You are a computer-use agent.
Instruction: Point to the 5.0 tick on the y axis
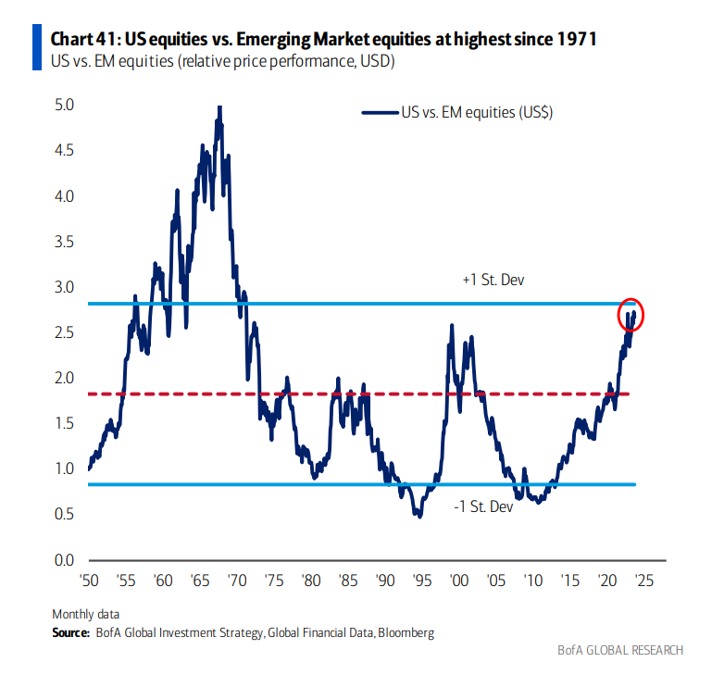64,106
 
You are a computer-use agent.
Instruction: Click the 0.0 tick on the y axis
64,559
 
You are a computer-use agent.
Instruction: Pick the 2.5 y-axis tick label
64,332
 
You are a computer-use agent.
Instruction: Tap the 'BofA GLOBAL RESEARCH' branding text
620,650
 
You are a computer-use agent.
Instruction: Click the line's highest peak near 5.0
219,108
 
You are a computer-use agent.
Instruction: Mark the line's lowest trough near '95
419,515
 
